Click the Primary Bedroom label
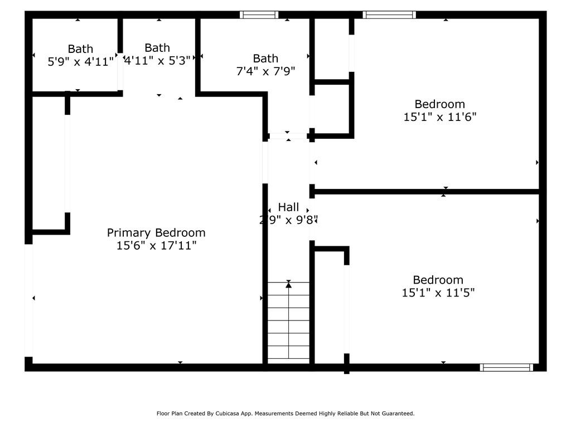(156, 232)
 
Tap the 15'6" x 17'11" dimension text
(156, 246)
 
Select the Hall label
(288, 207)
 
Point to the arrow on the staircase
(288, 285)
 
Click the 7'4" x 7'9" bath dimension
(265, 71)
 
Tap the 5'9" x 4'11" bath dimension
(81, 62)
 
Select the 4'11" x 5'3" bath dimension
(157, 61)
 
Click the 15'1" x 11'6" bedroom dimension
(439, 117)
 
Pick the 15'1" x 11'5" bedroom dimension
(438, 293)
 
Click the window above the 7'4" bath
(259, 14)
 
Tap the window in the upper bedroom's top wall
(389, 14)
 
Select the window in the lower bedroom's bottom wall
(507, 367)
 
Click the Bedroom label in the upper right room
(439, 104)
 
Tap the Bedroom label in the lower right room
(438, 280)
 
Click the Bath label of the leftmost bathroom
(81, 49)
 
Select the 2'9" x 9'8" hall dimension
(288, 220)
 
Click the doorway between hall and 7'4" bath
(288, 135)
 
